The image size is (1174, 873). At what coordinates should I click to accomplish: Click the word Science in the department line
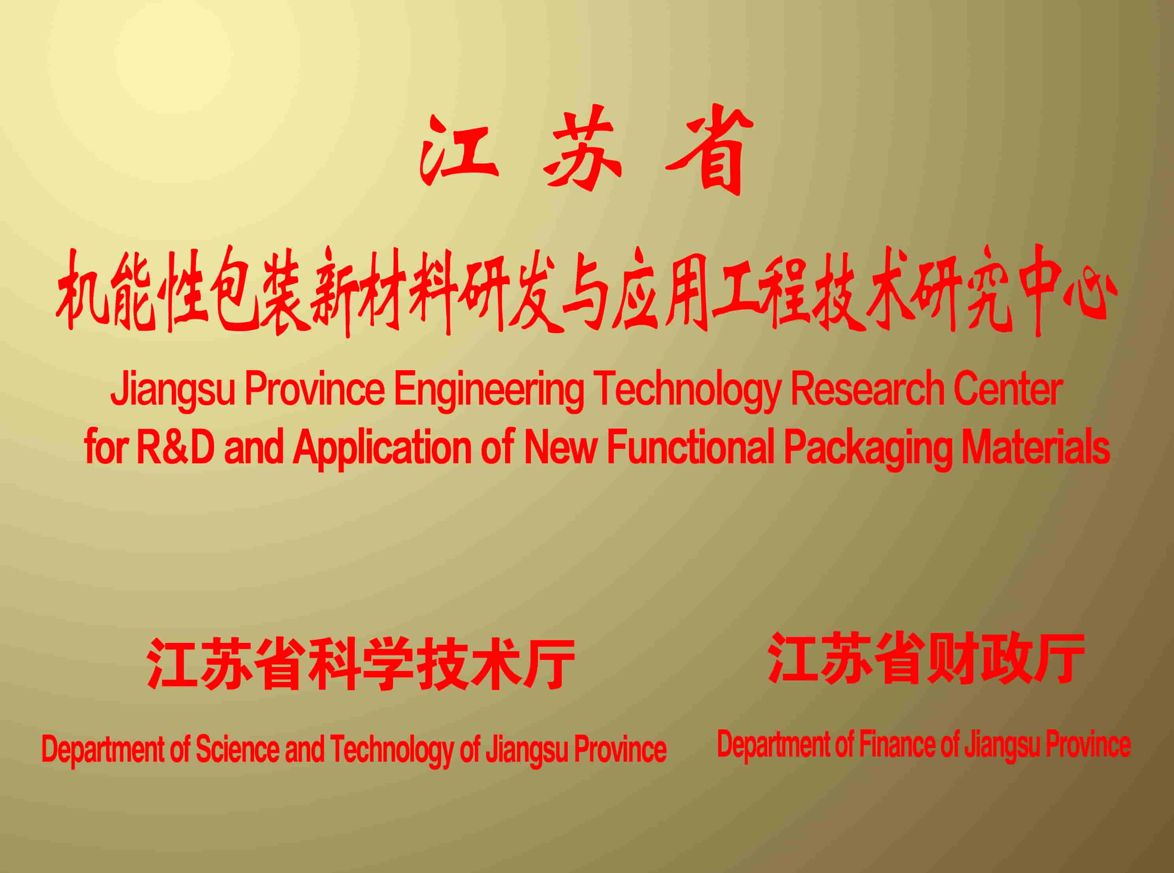pos(237,749)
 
